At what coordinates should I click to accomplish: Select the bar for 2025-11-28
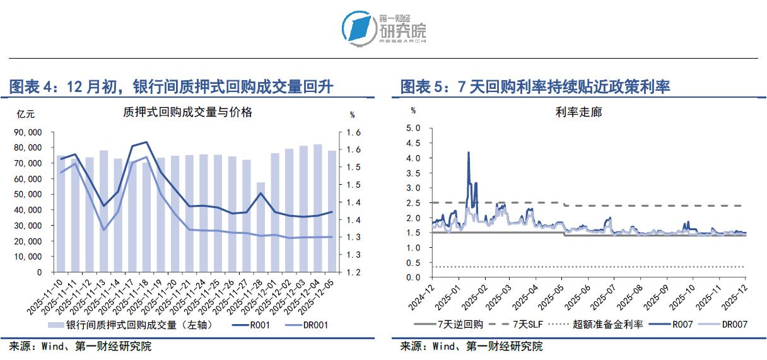(261, 227)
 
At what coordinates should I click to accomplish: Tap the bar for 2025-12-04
(318, 208)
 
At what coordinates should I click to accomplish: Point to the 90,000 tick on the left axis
(28, 132)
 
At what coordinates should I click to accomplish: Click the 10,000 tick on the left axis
(28, 257)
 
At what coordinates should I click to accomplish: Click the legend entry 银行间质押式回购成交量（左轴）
(129, 325)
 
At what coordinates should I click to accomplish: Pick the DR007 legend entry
(725, 325)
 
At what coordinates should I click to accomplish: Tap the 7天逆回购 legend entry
(451, 325)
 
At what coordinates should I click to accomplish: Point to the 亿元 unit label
(26, 114)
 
